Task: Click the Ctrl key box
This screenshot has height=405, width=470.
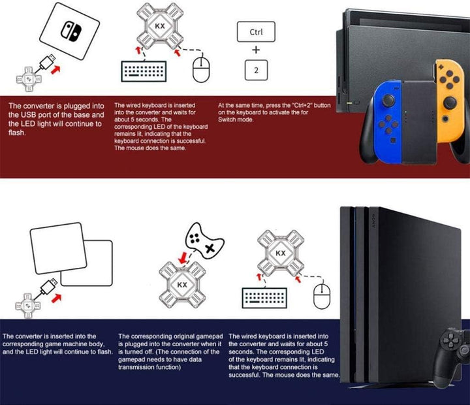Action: (x=256, y=32)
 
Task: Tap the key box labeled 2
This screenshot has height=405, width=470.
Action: (x=256, y=69)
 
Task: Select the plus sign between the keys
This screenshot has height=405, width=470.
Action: (x=256, y=50)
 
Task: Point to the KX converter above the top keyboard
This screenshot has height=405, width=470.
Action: (x=159, y=27)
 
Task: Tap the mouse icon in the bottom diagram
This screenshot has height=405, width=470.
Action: (x=321, y=298)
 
